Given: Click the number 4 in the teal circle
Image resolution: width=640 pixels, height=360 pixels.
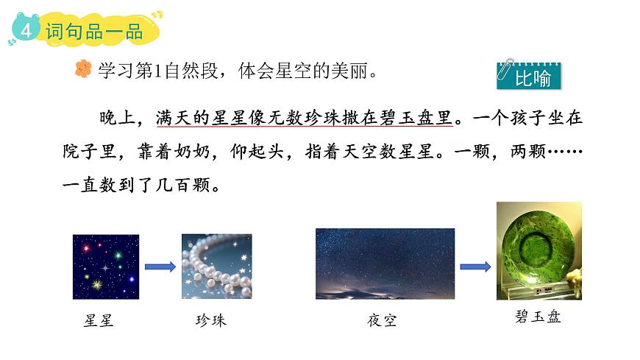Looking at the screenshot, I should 26,31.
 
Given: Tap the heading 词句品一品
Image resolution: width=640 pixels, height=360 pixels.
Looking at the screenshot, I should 93,32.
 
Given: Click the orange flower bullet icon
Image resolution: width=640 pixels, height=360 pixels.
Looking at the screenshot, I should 83,69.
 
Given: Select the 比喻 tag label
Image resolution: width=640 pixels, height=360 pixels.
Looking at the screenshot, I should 533,78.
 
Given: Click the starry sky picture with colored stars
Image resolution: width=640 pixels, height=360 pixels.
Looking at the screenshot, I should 105,267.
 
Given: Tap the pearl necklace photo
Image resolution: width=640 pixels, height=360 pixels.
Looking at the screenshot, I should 217,267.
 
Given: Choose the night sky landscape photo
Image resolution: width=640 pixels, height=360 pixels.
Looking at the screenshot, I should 385,263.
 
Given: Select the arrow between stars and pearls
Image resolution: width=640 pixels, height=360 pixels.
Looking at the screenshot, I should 160,267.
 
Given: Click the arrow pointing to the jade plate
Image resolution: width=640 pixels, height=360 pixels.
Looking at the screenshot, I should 476,267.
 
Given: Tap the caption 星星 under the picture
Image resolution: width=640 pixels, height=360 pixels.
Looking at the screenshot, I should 99,321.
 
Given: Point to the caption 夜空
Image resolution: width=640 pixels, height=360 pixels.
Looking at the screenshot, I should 381,321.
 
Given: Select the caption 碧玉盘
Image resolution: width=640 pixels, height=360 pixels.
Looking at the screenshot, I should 539,318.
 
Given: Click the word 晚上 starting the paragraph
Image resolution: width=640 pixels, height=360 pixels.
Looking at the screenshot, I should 118,118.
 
